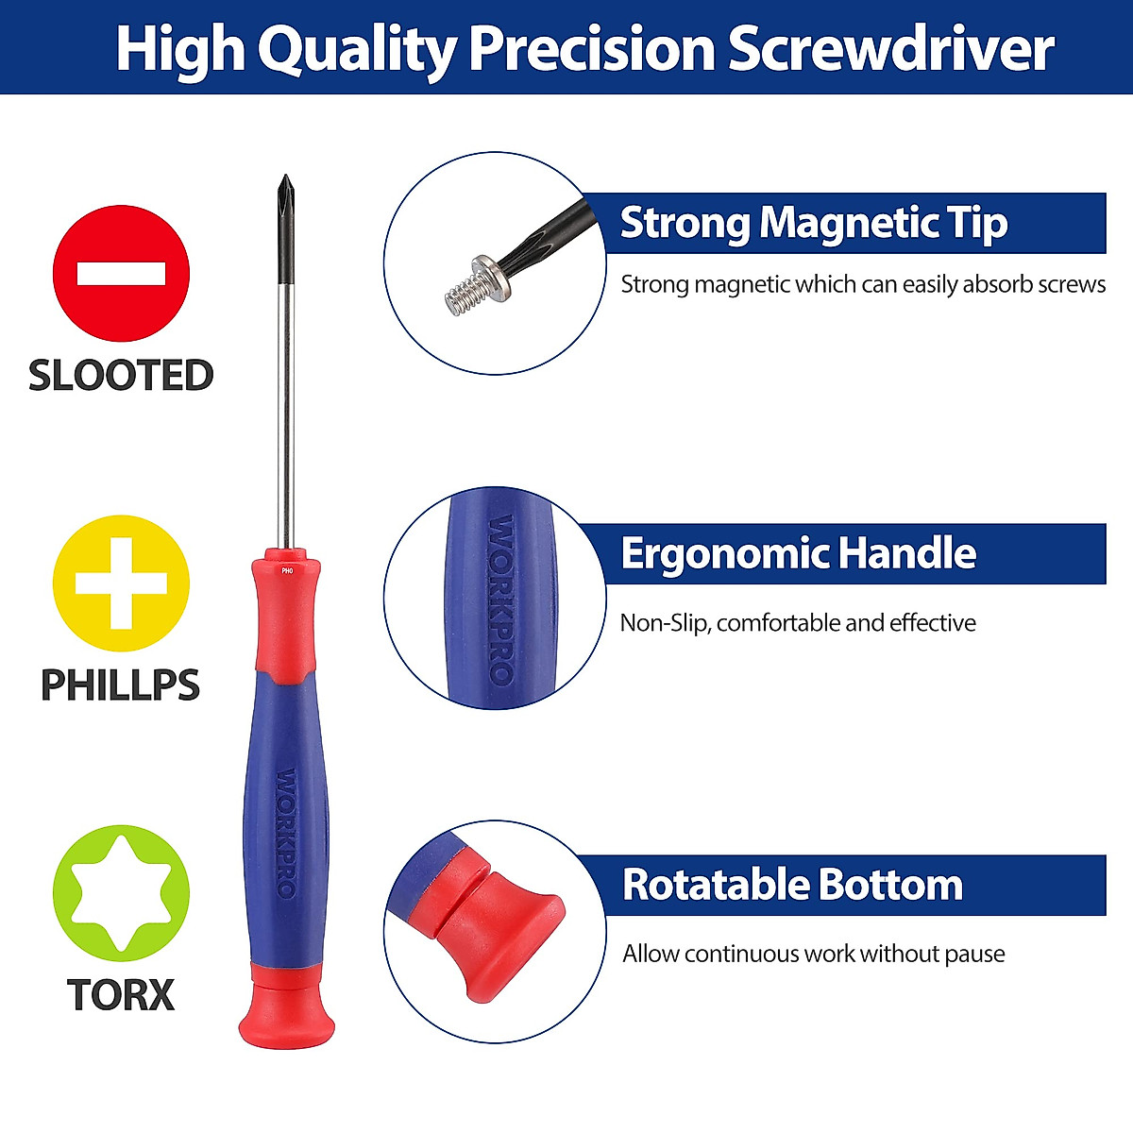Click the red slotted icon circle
tap(121, 274)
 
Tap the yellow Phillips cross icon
tap(121, 583)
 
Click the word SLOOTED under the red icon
tap(121, 375)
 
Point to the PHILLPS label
tap(121, 685)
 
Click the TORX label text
tap(121, 994)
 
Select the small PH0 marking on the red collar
tap(287, 569)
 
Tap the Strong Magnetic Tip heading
tap(813, 224)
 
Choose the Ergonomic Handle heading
tap(798, 554)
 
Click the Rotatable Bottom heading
tap(792, 886)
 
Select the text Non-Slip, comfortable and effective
tap(798, 623)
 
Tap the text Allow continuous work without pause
tap(813, 954)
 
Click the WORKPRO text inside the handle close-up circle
tap(500, 600)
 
